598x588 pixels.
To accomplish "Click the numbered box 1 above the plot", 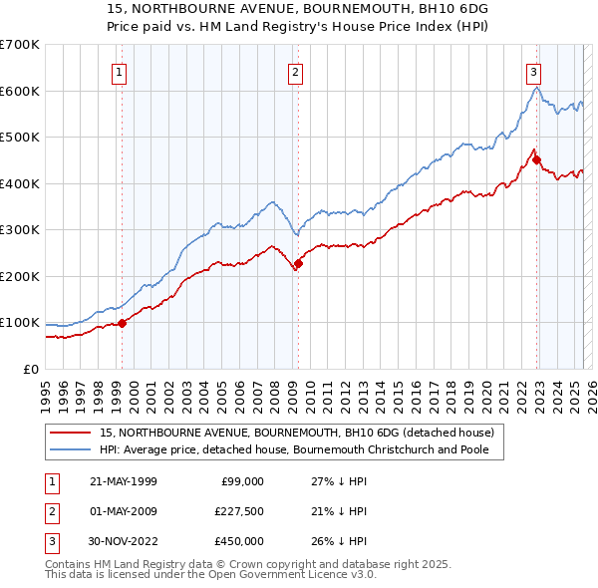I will point(119,72).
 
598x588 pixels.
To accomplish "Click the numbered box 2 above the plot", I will point(296,72).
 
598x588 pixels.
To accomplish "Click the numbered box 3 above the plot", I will point(533,72).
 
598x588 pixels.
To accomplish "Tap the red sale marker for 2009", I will point(298,263).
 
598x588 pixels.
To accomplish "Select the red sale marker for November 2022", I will point(536,159).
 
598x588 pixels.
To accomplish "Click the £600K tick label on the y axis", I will point(20,91).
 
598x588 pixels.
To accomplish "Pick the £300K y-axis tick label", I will point(20,229).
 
